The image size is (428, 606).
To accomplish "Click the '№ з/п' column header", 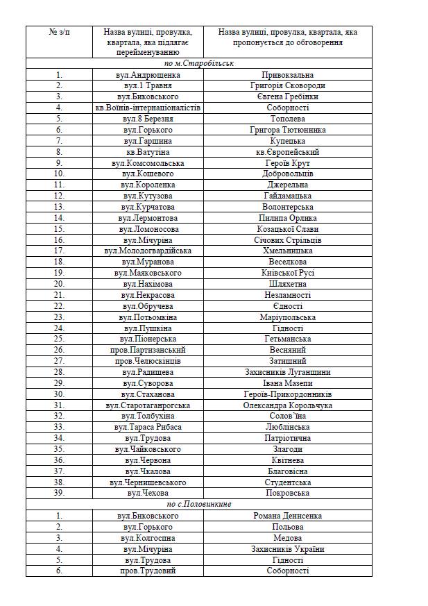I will click(x=58, y=32).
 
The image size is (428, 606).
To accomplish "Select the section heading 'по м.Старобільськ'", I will click(x=198, y=63).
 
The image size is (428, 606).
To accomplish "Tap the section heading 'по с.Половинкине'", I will click(x=198, y=504).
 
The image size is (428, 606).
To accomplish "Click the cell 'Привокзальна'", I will click(x=287, y=74).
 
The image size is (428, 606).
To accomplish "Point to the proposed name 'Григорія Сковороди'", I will click(x=287, y=85).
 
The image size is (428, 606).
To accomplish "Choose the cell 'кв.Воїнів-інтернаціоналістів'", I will click(x=147, y=108).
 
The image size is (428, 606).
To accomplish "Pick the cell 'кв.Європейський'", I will click(x=287, y=151).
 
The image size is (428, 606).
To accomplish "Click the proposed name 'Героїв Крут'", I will click(x=287, y=162).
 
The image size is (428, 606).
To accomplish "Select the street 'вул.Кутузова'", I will click(x=147, y=196).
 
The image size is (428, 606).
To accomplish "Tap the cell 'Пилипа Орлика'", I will click(x=287, y=217).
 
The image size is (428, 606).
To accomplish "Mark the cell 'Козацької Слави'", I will click(x=287, y=228).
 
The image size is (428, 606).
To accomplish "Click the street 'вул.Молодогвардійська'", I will click(x=147, y=251).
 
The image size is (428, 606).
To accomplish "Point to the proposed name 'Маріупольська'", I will click(x=287, y=317).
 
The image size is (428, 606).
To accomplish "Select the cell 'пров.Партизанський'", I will click(x=147, y=350).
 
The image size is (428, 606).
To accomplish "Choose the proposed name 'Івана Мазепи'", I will click(x=287, y=383).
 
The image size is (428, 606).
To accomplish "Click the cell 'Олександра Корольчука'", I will click(x=287, y=405).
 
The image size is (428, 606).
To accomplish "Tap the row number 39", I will click(x=59, y=493).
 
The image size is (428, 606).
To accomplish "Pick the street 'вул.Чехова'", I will click(x=147, y=493).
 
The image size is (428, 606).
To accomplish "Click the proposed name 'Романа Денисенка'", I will click(x=287, y=515).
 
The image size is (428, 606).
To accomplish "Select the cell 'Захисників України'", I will click(x=287, y=548).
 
